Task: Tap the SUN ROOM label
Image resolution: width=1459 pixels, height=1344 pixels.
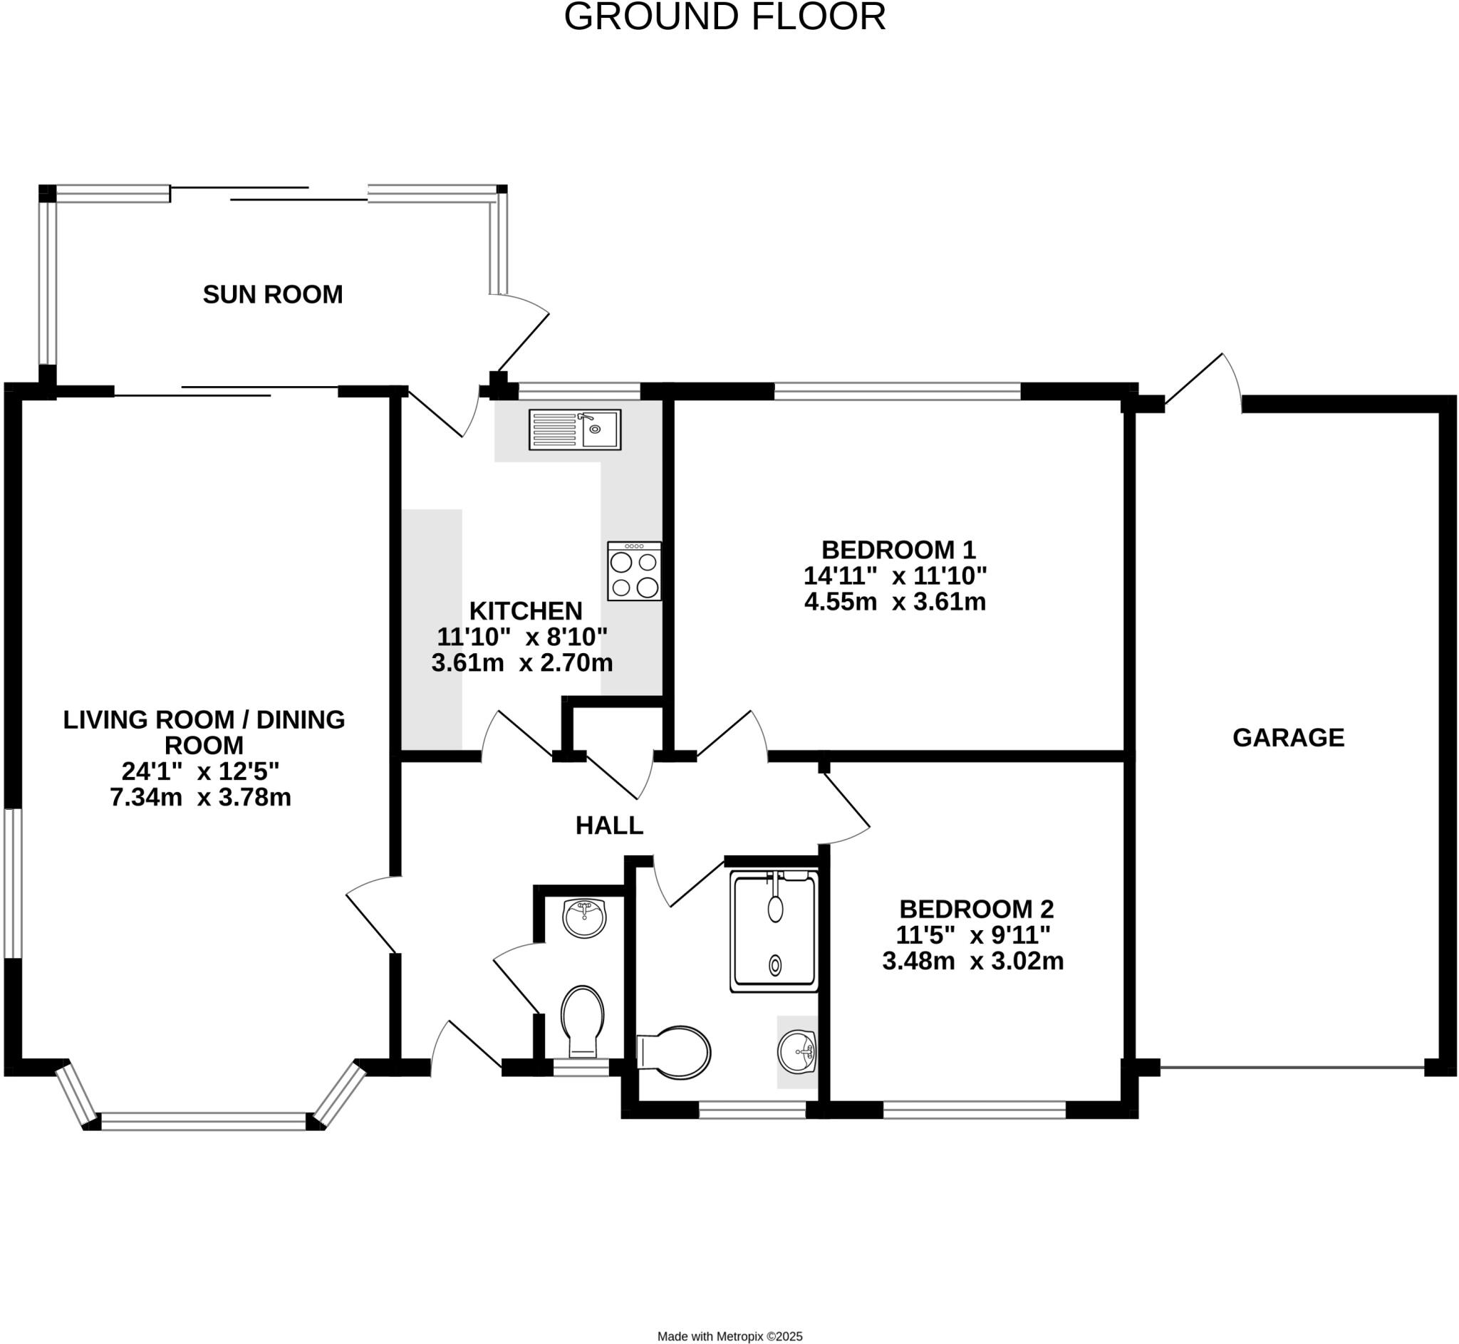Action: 273,295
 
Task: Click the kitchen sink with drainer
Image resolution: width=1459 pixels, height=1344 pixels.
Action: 575,429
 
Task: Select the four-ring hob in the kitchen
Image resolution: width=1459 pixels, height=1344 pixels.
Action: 634,571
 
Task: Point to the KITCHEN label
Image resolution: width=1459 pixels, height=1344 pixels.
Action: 525,611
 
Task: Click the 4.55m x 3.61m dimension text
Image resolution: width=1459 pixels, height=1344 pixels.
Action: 895,602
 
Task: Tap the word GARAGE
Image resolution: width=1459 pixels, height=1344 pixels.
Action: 1288,738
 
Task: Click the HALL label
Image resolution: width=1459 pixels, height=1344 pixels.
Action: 610,825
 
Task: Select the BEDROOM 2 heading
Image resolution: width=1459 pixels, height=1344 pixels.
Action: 976,909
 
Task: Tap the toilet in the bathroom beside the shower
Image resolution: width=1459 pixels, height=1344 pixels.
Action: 675,1053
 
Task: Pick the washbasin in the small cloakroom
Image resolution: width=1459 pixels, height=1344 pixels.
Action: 585,919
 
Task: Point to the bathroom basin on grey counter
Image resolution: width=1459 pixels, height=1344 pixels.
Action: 798,1052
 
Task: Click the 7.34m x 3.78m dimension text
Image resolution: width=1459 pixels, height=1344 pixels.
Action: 201,798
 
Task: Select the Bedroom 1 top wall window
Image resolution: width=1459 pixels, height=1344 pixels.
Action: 898,392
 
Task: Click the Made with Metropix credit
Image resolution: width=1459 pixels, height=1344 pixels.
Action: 729,1336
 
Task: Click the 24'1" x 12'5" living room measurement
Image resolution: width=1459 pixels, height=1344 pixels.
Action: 201,771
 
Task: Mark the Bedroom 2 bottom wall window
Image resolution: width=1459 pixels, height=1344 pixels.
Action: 975,1110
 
